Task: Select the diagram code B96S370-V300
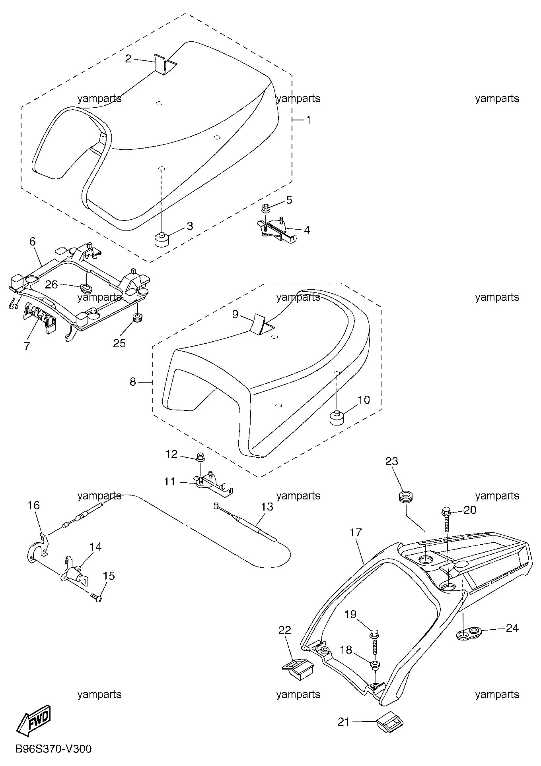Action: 53,749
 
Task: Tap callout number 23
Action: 391,461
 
